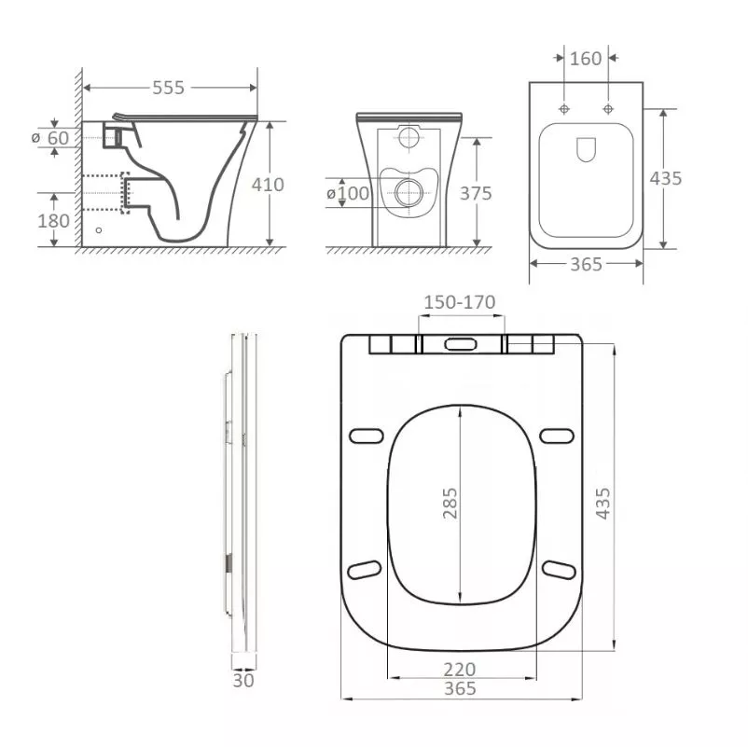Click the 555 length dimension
(x=168, y=88)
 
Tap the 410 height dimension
(x=268, y=185)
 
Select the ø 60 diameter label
(x=50, y=138)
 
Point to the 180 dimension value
(x=53, y=221)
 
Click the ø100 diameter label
(x=348, y=193)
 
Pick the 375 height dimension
(x=476, y=193)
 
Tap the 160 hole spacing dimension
(x=586, y=59)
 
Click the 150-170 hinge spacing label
(x=460, y=302)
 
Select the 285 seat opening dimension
(x=450, y=504)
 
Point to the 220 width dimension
(x=460, y=670)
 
